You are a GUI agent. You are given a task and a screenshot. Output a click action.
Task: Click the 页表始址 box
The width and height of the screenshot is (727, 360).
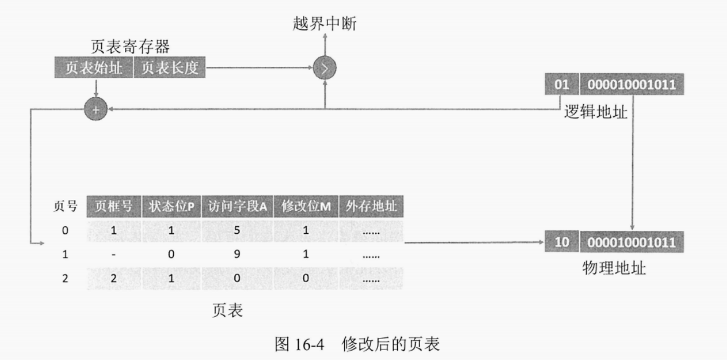coord(94,68)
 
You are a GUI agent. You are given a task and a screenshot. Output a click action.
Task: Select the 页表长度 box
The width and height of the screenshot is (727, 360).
coord(170,68)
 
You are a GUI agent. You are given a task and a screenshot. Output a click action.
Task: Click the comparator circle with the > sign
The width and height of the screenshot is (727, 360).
coord(325,69)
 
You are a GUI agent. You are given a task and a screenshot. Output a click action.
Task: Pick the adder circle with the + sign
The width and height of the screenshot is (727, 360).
coord(96,109)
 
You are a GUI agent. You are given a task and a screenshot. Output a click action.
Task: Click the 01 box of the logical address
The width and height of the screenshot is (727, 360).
coord(561,85)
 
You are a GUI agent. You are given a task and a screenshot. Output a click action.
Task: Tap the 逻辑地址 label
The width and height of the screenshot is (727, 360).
coord(596,111)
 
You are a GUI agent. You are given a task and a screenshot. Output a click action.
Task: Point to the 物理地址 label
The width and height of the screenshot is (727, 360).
coord(614,268)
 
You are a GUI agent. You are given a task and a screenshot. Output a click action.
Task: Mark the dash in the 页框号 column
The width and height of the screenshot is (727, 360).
coord(114,254)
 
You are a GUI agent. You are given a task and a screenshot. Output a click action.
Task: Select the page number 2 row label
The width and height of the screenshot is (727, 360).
coord(65,278)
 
